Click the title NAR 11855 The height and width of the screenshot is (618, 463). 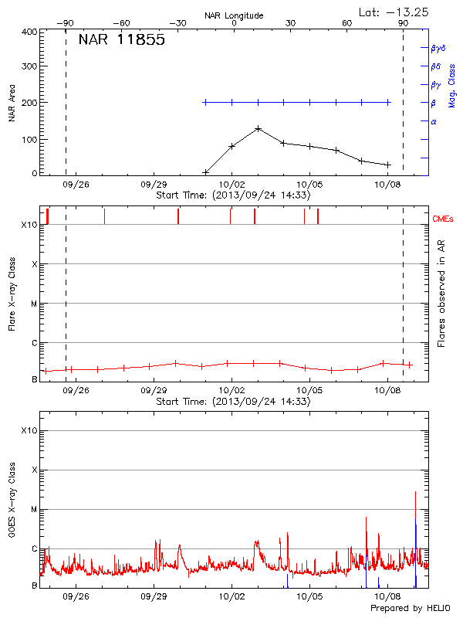pos(121,40)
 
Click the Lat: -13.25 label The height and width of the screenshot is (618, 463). pos(394,12)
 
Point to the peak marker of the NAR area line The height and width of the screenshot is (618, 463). pos(258,128)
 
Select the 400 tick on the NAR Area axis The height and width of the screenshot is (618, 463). pos(29,32)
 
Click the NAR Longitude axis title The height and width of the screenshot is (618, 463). pos(234,15)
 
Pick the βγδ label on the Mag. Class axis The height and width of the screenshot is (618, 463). pos(439,48)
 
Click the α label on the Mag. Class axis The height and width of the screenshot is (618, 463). pos(434,121)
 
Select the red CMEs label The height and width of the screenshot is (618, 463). pos(443,219)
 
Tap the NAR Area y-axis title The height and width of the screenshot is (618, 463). pos(12,104)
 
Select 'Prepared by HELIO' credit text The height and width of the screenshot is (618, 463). pos(410,609)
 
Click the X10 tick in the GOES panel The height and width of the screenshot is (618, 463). pos(29,430)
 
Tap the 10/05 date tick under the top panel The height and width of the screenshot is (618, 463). pos(309,185)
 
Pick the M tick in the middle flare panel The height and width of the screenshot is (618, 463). pos(35,304)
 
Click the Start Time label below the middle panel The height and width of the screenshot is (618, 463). pos(233,402)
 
